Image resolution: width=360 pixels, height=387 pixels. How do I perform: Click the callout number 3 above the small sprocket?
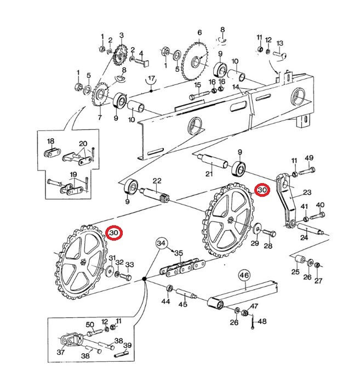122,36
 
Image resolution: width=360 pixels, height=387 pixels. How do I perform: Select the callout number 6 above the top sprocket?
199,33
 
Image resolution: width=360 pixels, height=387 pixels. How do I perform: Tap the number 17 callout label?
151,79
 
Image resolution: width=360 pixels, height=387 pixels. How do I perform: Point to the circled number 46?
244,275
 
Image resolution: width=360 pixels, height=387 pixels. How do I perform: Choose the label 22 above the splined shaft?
157,181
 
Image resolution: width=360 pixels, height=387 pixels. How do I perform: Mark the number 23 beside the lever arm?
306,192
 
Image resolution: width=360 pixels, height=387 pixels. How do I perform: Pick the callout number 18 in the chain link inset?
50,141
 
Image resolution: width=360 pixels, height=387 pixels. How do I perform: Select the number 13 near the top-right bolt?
279,43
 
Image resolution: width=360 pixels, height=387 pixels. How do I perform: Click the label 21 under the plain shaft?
209,174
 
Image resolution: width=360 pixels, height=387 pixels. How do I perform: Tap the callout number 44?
165,301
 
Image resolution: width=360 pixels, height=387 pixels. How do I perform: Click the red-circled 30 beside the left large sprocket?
114,233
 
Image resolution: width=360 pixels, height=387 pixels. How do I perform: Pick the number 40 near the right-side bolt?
320,205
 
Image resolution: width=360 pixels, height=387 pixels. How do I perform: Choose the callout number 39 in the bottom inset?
128,345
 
